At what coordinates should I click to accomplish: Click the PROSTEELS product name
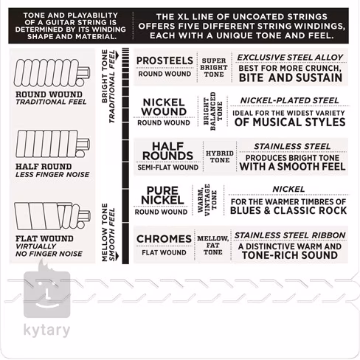tap(165, 60)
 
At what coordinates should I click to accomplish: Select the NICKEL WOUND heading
tap(164, 107)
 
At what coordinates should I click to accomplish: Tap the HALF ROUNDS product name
tap(167, 151)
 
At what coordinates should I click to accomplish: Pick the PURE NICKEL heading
tap(162, 195)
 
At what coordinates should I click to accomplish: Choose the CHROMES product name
tap(164, 239)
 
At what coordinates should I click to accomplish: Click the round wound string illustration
tap(52, 73)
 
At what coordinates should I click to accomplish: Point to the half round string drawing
tap(52, 144)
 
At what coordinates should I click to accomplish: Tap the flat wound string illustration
tap(52, 216)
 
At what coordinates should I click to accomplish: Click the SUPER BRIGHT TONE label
tap(214, 67)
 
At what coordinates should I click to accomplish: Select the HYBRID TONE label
tap(220, 156)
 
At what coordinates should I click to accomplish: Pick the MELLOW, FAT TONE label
tap(213, 245)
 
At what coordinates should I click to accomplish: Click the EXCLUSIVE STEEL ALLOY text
tap(290, 58)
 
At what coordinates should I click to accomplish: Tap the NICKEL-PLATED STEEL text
tap(289, 100)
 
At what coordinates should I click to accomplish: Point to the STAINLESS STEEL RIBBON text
tap(290, 235)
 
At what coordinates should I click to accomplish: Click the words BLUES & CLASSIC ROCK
tap(288, 210)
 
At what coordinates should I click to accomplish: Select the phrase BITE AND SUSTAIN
tap(291, 77)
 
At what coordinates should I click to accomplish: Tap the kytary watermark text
tap(46, 330)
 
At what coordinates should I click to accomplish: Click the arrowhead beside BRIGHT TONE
tap(117, 55)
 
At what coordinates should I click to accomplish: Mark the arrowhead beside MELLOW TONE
tap(117, 257)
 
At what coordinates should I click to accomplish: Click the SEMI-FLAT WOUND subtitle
tap(168, 167)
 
